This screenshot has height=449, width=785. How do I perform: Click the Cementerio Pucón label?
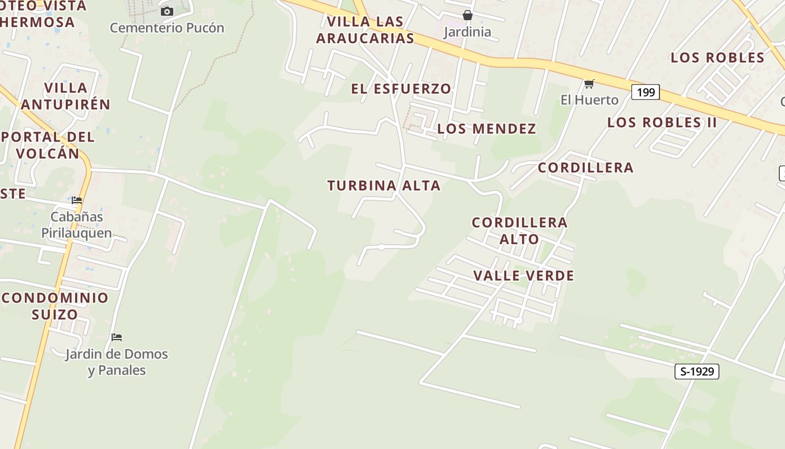pos(167,28)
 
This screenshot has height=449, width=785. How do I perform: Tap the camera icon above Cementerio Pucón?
pos(167,11)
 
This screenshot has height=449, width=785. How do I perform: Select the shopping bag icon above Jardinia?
pos(467,15)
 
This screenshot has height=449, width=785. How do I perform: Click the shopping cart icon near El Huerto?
pos(589,84)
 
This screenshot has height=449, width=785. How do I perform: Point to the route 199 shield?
pos(645,92)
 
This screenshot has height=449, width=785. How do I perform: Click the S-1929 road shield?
pos(696,371)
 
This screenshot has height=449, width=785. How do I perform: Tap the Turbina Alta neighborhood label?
pos(384,186)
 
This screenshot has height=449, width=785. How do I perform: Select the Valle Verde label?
pos(524,276)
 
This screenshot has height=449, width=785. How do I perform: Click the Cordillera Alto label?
pos(520,231)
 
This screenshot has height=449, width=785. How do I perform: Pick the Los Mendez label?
pos(486,129)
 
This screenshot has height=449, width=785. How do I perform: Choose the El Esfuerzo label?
pos(401,89)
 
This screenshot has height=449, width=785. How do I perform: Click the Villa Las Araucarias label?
pos(365,30)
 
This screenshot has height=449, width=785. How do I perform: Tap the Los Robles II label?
pos(662,122)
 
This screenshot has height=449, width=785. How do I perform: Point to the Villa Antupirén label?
pos(66,96)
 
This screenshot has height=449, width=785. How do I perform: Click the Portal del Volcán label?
pos(48,145)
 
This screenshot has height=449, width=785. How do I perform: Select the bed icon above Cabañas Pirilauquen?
pos(77,200)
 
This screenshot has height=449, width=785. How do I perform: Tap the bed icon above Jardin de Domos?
pos(117,337)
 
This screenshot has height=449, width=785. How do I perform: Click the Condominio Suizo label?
pos(55,306)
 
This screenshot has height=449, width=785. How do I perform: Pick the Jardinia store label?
pos(467,32)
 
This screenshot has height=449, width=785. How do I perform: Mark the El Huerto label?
pos(589,100)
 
